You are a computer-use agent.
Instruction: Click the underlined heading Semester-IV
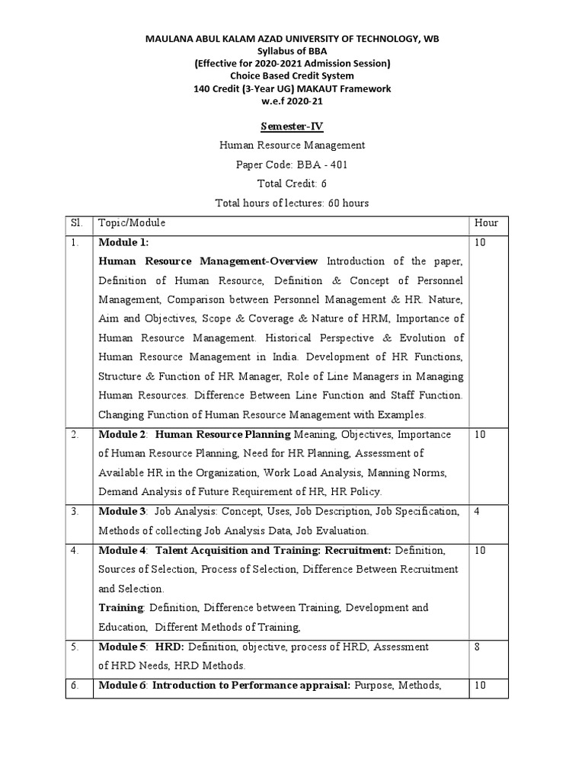click(292, 126)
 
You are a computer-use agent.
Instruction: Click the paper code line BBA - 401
click(292, 165)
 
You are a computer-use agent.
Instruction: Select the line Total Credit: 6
click(292, 184)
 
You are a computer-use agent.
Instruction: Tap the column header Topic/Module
click(132, 223)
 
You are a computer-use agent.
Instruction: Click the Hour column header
click(486, 223)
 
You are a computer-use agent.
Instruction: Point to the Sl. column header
click(75, 223)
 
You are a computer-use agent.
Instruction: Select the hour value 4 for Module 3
click(477, 511)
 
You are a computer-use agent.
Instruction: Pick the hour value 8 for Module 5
click(477, 647)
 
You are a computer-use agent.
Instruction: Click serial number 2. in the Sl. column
click(75, 435)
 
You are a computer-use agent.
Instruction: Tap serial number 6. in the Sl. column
click(75, 686)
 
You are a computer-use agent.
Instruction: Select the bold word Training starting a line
click(121, 608)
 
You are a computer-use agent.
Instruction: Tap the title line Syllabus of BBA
click(292, 50)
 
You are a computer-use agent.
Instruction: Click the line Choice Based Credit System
click(292, 76)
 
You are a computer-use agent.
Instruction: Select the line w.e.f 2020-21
click(292, 101)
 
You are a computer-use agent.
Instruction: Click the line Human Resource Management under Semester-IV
click(292, 145)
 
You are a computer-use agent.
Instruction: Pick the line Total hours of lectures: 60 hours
click(292, 203)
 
